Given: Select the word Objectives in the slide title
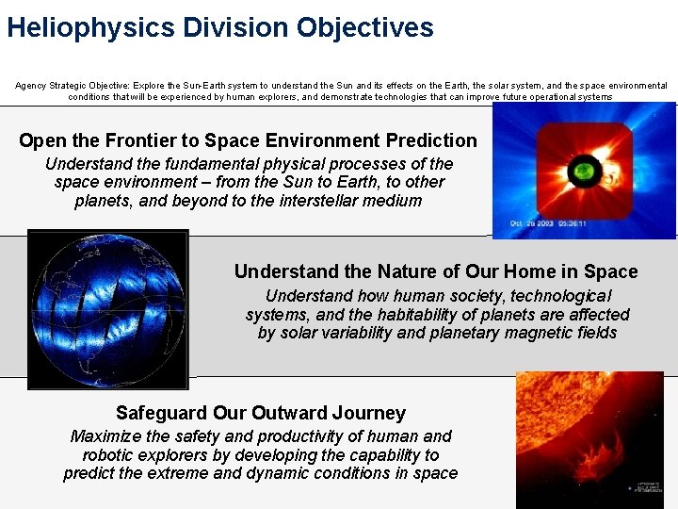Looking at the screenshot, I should pos(364,27).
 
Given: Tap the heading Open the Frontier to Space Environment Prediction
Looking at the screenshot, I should pos(248,140).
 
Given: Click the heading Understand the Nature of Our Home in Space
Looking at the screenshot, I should pos(435,271).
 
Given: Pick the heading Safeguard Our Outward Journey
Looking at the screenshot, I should pos(260,413).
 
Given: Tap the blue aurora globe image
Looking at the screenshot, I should pos(108,309).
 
